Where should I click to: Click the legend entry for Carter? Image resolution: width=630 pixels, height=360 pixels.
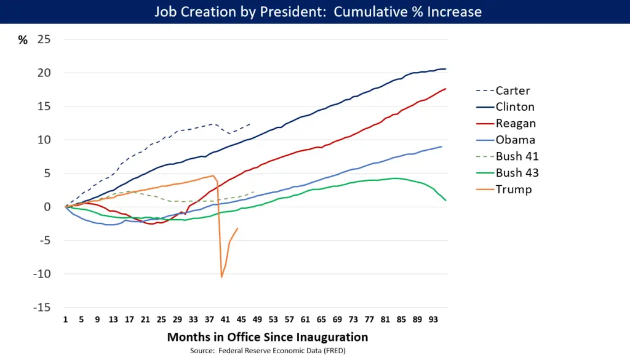pos(512,90)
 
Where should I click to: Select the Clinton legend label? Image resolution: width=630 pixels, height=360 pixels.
pos(515,107)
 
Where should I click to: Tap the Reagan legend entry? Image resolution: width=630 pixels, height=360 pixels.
pos(516,124)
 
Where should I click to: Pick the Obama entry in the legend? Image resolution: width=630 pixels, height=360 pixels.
pos(515,140)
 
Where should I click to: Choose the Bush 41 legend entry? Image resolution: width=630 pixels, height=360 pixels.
pos(517,156)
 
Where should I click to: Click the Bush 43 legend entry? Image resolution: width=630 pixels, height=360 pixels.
pos(517,173)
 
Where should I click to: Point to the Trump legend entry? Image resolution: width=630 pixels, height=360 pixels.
pos(513,190)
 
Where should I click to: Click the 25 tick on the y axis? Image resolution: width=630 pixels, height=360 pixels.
pos(44,39)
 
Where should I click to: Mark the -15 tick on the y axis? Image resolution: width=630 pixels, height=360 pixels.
pos(42,307)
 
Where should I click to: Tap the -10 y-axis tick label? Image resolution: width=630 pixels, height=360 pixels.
pos(42,274)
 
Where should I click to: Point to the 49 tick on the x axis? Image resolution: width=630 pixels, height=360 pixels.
pos(257,320)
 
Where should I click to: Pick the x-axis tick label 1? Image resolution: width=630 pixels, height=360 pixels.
pos(65,320)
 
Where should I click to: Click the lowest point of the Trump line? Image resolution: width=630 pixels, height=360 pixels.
pos(221,277)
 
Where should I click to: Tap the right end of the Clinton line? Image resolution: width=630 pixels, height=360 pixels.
pos(445,69)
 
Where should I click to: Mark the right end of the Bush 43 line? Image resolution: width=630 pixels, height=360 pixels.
pos(445,201)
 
